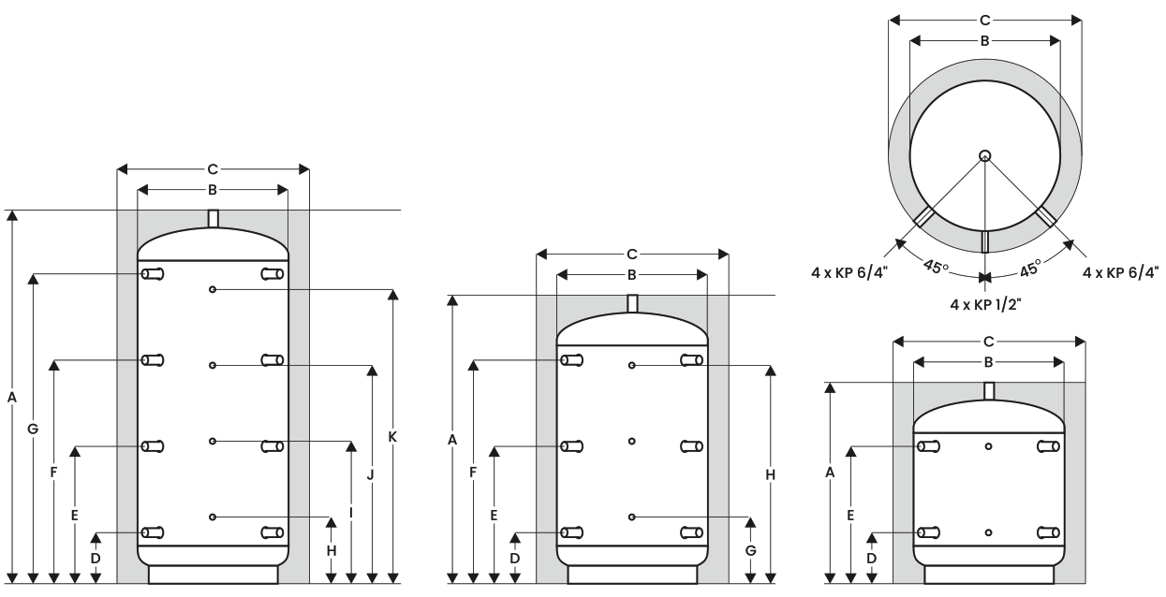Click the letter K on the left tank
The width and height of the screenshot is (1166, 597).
click(393, 437)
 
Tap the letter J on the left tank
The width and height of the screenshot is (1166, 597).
click(371, 474)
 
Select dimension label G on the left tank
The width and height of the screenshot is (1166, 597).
click(33, 429)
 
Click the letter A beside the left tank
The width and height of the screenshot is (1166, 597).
click(12, 398)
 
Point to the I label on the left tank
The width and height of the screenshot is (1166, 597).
click(351, 514)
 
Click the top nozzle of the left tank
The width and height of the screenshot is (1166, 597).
click(213, 219)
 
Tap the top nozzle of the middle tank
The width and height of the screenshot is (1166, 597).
click(632, 304)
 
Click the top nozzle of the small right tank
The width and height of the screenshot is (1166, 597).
click(989, 391)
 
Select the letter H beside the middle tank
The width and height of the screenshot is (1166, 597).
click(771, 474)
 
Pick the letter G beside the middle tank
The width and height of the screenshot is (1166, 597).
click(750, 551)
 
